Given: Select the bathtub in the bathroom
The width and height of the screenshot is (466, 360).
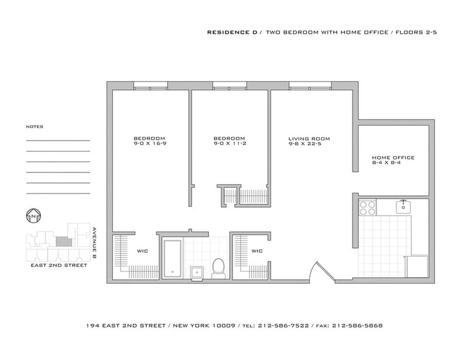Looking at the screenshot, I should (172, 258).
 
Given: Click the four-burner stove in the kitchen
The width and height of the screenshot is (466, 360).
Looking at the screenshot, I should (367, 208).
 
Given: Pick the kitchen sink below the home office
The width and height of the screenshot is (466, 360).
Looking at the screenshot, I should (403, 206).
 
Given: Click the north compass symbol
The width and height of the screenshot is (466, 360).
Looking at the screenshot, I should (33, 216).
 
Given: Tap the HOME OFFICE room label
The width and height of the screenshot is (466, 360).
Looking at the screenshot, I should (393, 158).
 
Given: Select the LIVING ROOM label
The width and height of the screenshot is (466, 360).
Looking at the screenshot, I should (309, 139).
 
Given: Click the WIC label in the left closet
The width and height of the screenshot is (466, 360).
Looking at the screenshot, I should (142, 252).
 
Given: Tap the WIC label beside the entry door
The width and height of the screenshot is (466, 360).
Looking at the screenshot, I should (256, 252).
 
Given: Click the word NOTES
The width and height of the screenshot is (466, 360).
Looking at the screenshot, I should (34, 126).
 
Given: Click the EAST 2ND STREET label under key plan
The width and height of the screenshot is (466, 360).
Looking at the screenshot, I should (58, 265).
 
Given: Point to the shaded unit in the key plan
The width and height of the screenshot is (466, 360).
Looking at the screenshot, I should (61, 240).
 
